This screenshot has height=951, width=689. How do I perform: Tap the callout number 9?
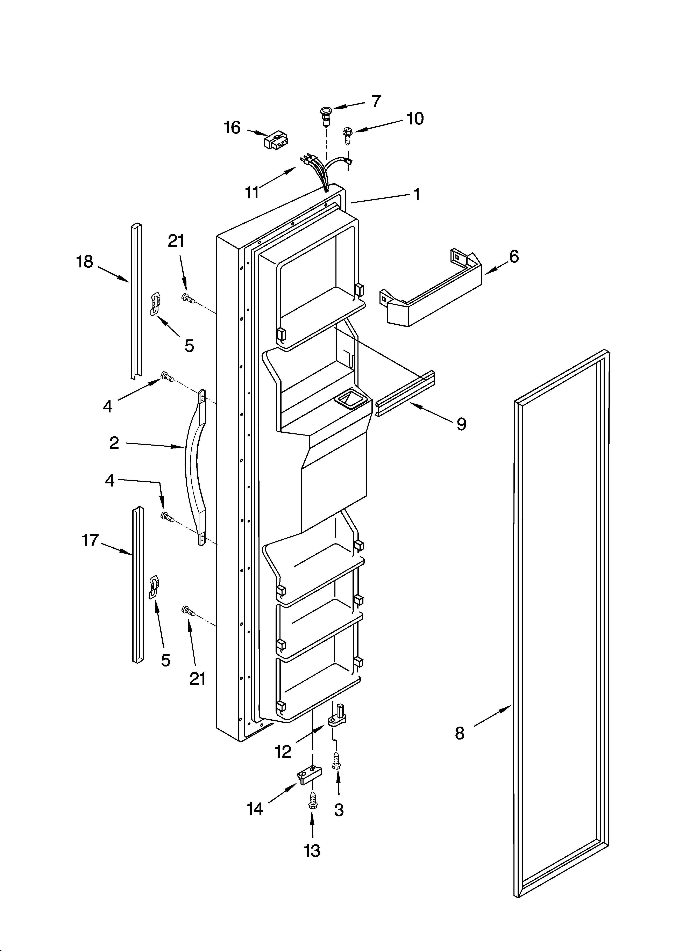(x=461, y=424)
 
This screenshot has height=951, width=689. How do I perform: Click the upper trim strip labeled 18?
(x=135, y=301)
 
